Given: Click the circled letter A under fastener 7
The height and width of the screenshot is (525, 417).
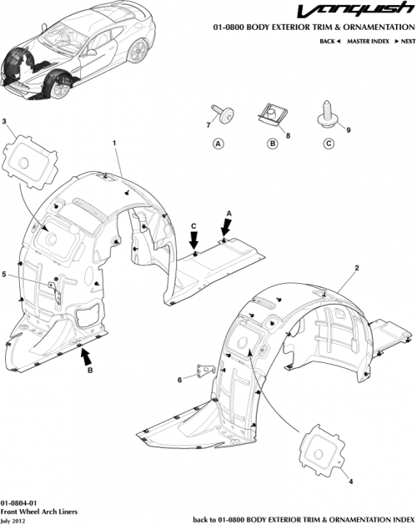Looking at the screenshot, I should [219, 144].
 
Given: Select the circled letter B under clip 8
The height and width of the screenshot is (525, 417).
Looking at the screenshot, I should [271, 144].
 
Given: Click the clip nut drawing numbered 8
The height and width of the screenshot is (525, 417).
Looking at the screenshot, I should [271, 112].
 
